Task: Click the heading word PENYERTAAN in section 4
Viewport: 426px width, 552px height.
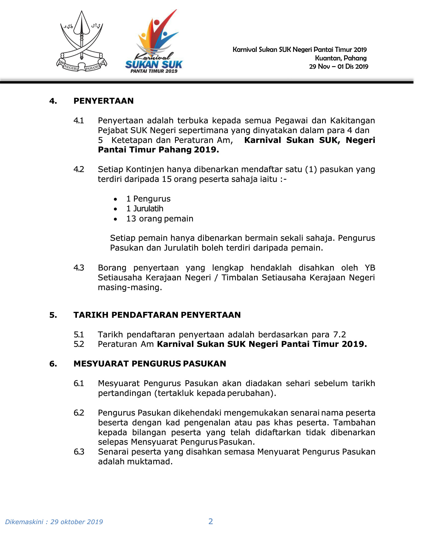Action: [x=104, y=101]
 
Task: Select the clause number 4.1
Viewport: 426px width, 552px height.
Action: [x=79, y=121]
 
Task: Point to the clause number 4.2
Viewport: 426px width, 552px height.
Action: [x=79, y=169]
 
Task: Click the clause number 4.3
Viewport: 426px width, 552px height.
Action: [x=79, y=268]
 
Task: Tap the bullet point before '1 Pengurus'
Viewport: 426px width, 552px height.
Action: [x=115, y=199]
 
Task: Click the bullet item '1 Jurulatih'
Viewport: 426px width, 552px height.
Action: [x=145, y=209]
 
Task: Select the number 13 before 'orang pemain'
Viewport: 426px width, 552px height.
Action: [x=131, y=219]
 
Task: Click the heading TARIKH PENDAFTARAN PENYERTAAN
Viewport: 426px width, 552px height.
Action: [x=157, y=315]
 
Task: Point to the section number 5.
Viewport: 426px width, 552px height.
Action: [x=53, y=315]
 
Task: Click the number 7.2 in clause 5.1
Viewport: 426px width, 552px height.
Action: [x=339, y=334]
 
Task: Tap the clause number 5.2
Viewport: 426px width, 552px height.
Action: [x=79, y=344]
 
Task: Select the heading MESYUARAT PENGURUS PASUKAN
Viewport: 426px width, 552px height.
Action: [x=150, y=364]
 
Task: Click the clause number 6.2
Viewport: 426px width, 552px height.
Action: [x=79, y=413]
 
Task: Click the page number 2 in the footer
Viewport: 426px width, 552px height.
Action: [x=211, y=521]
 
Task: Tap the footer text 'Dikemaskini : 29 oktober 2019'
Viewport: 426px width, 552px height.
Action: [x=54, y=522]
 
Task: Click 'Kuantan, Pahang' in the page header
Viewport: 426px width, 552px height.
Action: [x=340, y=58]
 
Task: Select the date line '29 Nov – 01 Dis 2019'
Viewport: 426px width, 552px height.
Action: [x=338, y=67]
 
